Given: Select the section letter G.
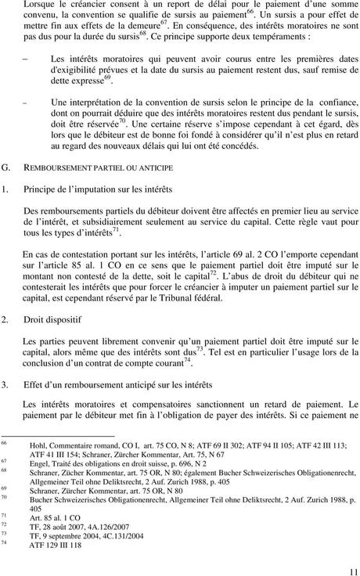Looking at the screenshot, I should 7,167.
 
